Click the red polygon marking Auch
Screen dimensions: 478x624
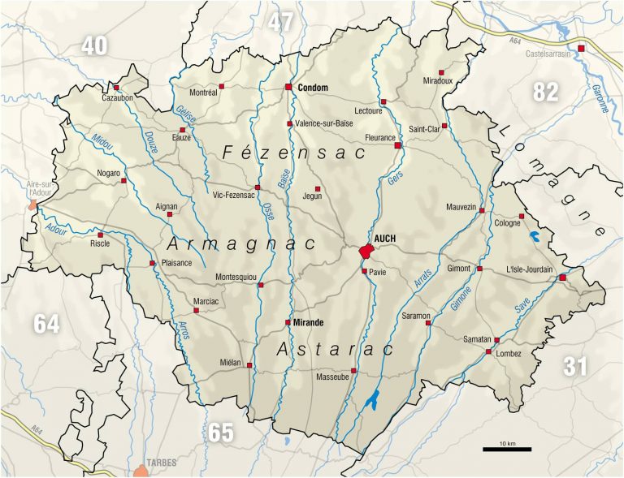coord(365,252)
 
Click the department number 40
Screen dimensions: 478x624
coord(93,46)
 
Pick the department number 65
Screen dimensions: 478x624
coord(220,433)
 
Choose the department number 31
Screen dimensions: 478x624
coord(574,367)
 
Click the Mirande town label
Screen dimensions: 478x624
coord(309,322)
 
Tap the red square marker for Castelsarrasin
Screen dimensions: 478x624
coord(581,47)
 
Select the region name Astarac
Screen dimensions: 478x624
coord(335,350)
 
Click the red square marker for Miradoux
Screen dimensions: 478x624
coord(442,71)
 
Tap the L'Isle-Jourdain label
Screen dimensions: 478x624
coord(529,269)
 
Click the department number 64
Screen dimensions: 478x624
coord(46,324)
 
